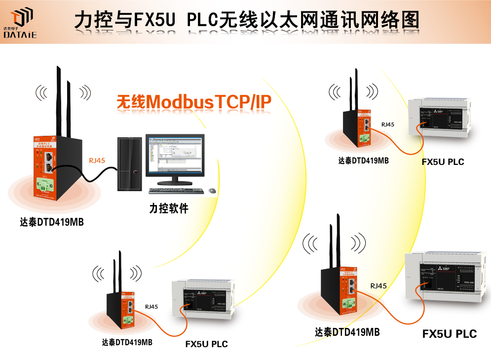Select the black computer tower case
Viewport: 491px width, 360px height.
130,162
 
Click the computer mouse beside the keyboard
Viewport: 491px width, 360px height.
212,191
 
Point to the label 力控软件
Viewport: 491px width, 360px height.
169,209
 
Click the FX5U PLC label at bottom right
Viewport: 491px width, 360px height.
449,334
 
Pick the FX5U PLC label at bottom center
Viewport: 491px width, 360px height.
206,344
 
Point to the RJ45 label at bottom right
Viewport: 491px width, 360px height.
378,285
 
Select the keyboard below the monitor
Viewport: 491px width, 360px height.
176,191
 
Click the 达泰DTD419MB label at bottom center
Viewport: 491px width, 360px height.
127,342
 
